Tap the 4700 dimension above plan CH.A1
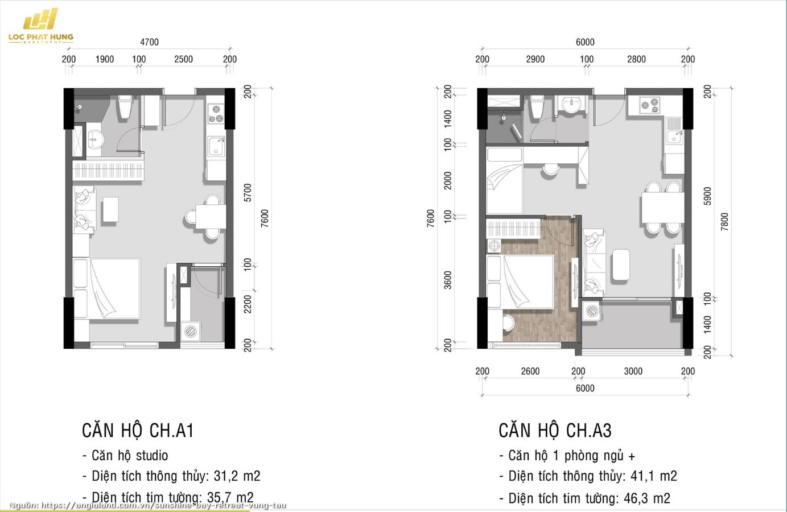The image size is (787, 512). (x=149, y=42)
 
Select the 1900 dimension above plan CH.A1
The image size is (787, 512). (x=105, y=59)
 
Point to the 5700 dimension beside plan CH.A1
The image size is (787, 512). (x=248, y=193)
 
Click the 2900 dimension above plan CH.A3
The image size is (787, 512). (x=535, y=59)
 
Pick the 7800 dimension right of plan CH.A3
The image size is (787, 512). (x=724, y=222)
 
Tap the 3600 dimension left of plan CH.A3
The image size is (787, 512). (x=448, y=280)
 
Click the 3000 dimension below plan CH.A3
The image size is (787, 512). (x=633, y=371)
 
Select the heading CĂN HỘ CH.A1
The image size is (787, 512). (x=138, y=430)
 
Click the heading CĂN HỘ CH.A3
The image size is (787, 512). (x=555, y=430)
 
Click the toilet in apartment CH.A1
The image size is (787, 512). (x=125, y=107)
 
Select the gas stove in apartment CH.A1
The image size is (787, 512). (x=216, y=113)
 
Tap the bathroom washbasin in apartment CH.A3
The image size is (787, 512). (x=572, y=104)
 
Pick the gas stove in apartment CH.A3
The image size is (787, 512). (x=650, y=105)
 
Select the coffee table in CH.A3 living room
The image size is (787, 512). (x=621, y=265)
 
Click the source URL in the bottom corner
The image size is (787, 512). (x=147, y=505)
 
